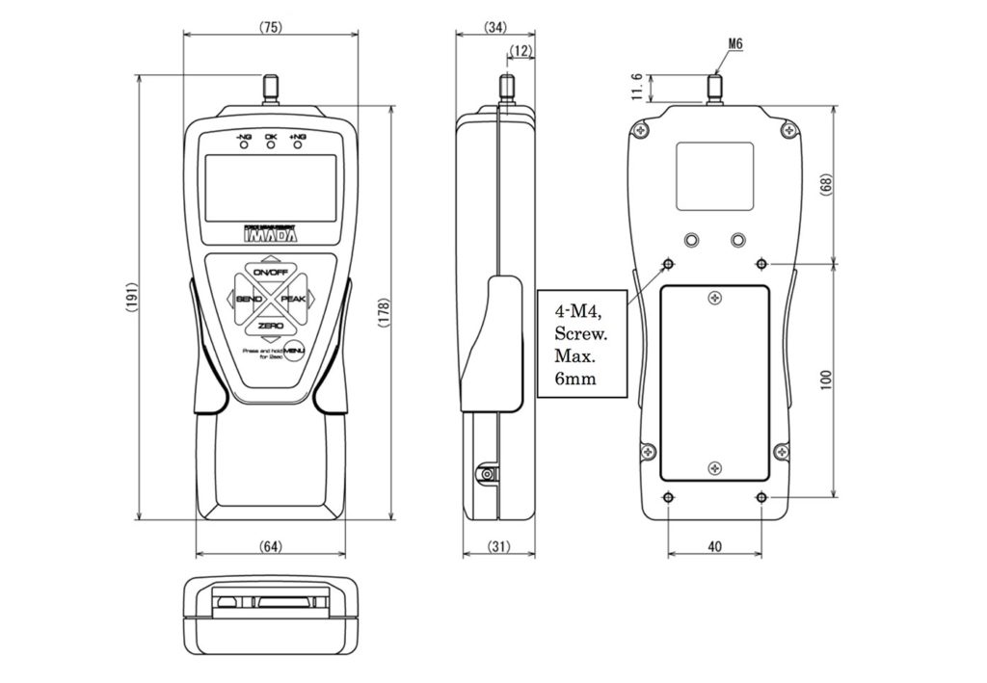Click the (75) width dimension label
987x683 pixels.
click(x=271, y=27)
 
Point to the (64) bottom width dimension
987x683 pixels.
click(x=271, y=546)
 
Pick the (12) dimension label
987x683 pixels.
click(x=521, y=52)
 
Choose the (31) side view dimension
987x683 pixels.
click(x=497, y=546)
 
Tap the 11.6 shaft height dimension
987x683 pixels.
click(x=637, y=88)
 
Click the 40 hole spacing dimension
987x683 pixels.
click(x=714, y=546)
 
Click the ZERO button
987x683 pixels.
click(x=271, y=328)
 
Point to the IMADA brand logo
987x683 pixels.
click(x=271, y=234)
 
